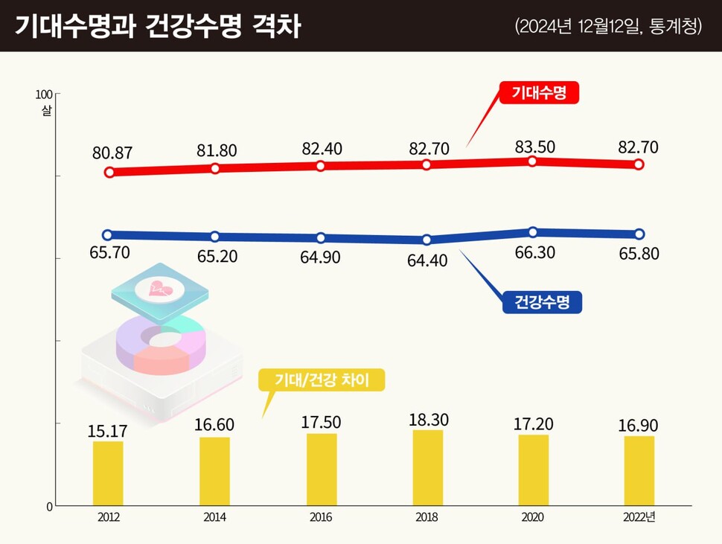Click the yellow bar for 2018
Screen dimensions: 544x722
(427, 467)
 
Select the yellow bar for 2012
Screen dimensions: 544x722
(108, 473)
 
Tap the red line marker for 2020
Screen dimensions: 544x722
(533, 161)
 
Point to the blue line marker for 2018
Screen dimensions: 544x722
(427, 240)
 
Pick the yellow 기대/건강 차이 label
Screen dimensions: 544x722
(322, 380)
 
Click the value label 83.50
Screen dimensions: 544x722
(534, 146)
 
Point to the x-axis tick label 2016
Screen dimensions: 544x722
(321, 518)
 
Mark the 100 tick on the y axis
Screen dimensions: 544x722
(44, 95)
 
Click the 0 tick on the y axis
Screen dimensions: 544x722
(50, 507)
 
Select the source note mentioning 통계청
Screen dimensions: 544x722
(608, 26)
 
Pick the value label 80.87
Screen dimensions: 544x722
(112, 153)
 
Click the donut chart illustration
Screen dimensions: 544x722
(160, 342)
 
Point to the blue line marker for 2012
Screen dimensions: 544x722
(108, 234)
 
